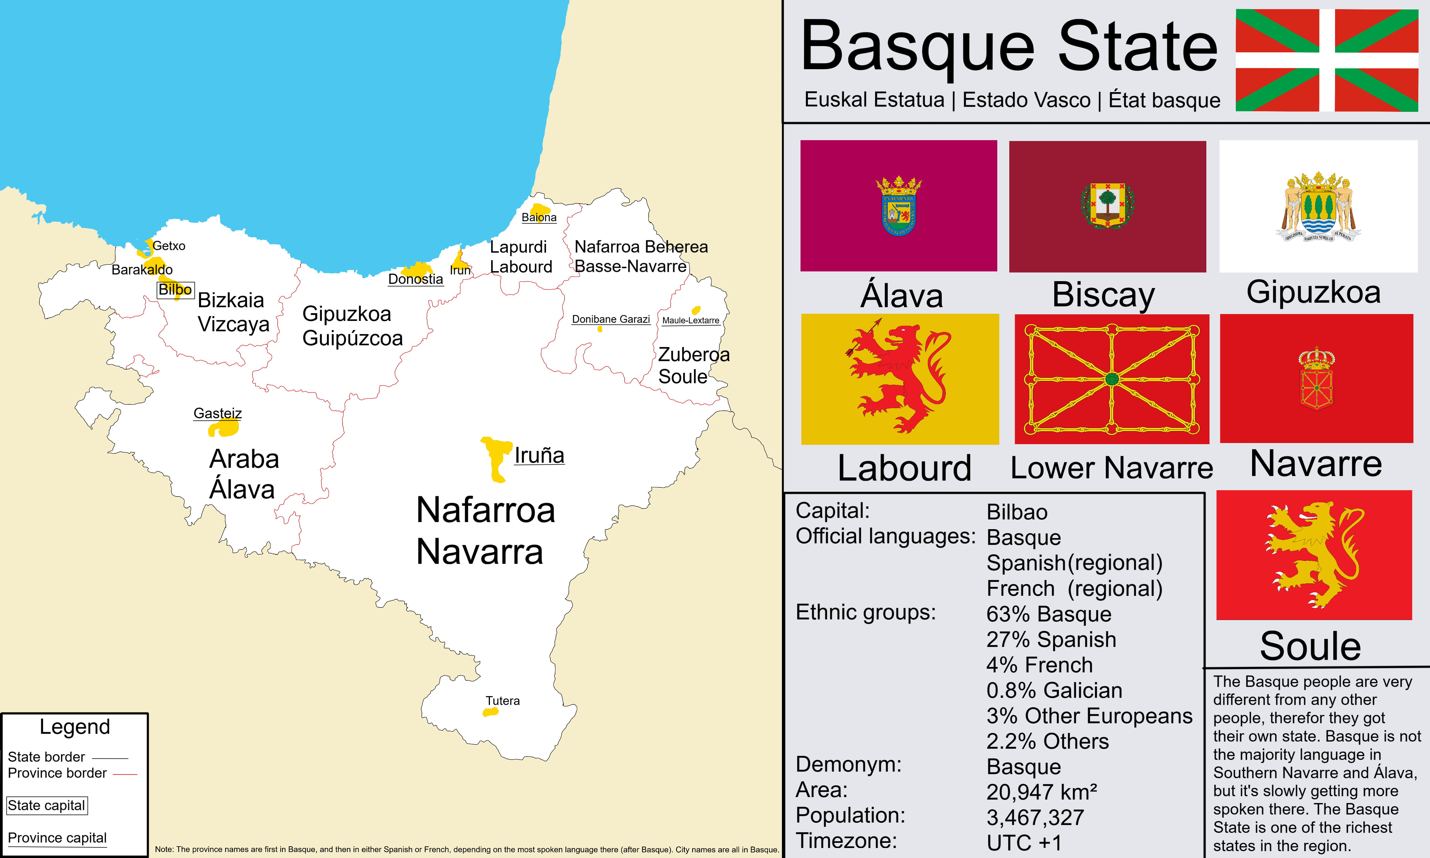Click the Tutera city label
pos(502,701)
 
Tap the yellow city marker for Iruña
pos(496,457)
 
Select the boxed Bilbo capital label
pos(175,290)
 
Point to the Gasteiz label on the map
pos(217,413)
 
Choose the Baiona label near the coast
pos(539,217)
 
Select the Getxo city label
pos(169,246)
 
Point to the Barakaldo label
pos(142,269)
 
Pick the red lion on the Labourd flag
pos(899,379)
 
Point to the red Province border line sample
pos(125,774)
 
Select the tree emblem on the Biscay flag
pos(1107,205)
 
